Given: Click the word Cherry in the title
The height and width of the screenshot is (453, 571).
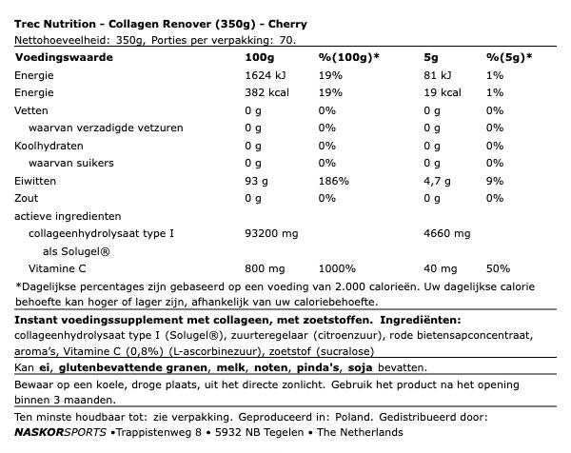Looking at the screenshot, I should coord(313,24).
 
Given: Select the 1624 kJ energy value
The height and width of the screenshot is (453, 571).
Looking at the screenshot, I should coord(264,75).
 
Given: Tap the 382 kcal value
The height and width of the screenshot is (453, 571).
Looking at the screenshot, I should coord(266,92).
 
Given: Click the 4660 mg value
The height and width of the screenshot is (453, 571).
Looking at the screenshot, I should coord(446,233).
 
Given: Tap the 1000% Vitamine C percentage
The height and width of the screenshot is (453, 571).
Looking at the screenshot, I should coord(332,268).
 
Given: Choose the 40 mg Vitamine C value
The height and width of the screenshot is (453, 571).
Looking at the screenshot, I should coord(439,268).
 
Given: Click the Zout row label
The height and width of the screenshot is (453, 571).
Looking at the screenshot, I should coord(28,198).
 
